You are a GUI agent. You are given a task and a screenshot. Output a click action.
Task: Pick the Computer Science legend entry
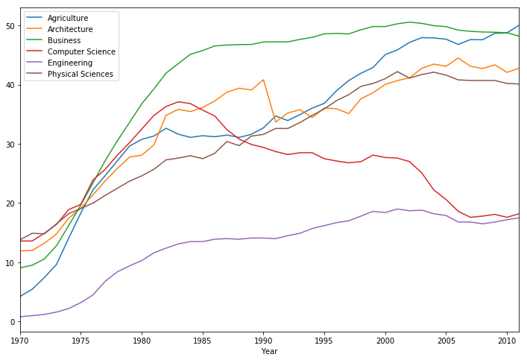[81, 51]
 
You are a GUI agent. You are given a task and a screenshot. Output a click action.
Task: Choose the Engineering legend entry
[69, 63]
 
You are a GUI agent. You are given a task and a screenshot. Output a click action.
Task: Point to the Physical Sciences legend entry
[80, 74]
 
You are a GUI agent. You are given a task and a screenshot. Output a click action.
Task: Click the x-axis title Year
[269, 350]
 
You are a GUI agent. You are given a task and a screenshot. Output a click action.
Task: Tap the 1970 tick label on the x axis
[19, 340]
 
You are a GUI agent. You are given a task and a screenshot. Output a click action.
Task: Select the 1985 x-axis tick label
[202, 340]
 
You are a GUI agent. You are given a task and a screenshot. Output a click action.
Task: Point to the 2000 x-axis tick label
[385, 340]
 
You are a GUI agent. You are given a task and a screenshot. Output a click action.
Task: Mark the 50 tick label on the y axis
[10, 26]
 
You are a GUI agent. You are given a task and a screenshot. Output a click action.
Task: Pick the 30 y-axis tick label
[10, 145]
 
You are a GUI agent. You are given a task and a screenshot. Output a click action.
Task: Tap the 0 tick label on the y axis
[12, 322]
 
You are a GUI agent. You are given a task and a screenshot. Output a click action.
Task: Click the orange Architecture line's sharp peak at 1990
[263, 80]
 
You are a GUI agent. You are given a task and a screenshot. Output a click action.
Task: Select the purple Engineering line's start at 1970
[20, 317]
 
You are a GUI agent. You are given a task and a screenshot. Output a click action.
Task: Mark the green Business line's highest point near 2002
[409, 22]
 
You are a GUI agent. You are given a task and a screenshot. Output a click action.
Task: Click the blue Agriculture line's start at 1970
[20, 296]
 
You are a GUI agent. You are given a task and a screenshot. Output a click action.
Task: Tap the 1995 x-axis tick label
[324, 340]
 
